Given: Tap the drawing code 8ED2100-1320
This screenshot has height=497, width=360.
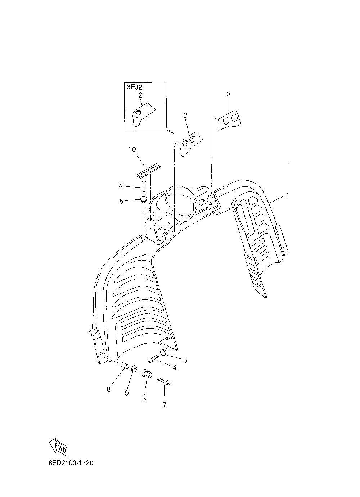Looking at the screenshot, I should pyautogui.click(x=71, y=463).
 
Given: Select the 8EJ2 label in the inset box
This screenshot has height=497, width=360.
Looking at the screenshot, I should pyautogui.click(x=134, y=87).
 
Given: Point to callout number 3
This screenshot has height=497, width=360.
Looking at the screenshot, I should pyautogui.click(x=229, y=94).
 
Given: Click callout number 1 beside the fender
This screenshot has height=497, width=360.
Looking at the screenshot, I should pyautogui.click(x=288, y=196).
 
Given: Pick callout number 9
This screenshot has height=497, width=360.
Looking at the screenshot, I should pyautogui.click(x=127, y=393).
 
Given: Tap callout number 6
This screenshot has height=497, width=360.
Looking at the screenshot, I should pyautogui.click(x=144, y=399).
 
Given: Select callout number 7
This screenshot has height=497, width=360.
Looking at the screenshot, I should pyautogui.click(x=164, y=405).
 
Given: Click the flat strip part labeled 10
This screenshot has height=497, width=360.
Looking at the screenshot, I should pyautogui.click(x=149, y=170).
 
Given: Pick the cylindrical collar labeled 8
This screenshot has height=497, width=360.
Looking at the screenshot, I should pyautogui.click(x=125, y=366).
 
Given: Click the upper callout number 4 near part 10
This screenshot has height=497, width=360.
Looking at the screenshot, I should pyautogui.click(x=120, y=186).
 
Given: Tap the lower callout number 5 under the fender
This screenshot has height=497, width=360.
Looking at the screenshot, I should pyautogui.click(x=185, y=360).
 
